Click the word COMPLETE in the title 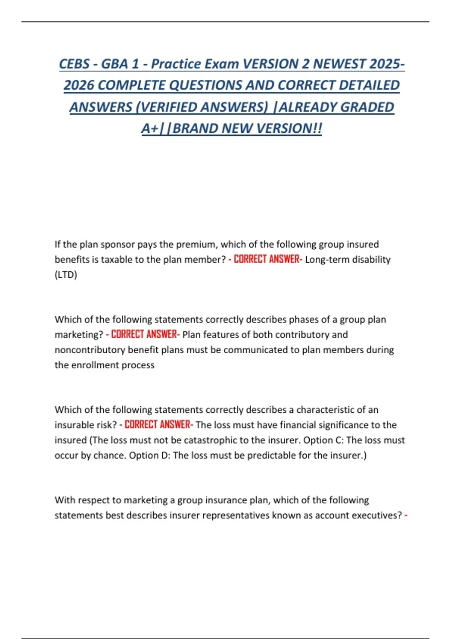[x=132, y=85]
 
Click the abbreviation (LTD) [x=66, y=275]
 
